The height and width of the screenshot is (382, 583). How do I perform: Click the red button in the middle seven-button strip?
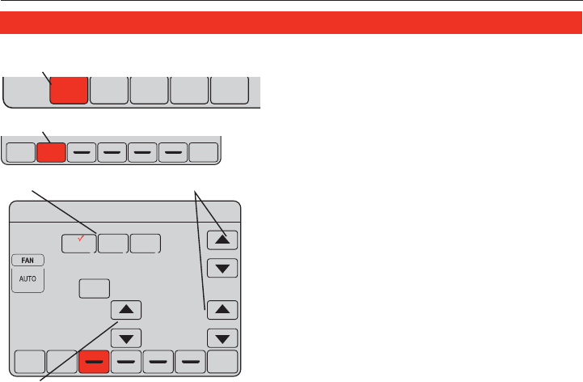click(50, 151)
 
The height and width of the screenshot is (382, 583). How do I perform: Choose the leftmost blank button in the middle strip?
click(19, 151)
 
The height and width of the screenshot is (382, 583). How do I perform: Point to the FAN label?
click(28, 261)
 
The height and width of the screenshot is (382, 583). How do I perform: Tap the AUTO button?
click(28, 280)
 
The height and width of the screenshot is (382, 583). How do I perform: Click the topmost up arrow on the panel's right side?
click(222, 239)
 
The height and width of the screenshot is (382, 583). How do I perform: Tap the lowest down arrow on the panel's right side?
click(222, 337)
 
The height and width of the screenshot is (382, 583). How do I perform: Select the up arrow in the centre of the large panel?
click(125, 309)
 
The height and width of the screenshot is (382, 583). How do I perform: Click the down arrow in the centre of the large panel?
click(125, 337)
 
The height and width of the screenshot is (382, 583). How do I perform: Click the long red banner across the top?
click(291, 22)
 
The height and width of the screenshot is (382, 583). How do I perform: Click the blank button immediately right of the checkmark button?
click(114, 244)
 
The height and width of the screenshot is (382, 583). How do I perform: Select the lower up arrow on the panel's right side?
click(222, 309)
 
